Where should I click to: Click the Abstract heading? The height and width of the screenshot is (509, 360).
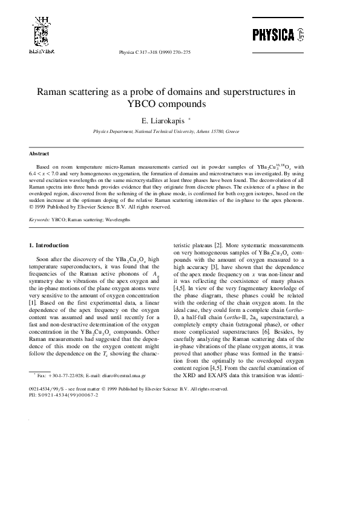click(x=39, y=154)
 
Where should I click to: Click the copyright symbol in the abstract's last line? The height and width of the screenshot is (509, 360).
click(x=31, y=207)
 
